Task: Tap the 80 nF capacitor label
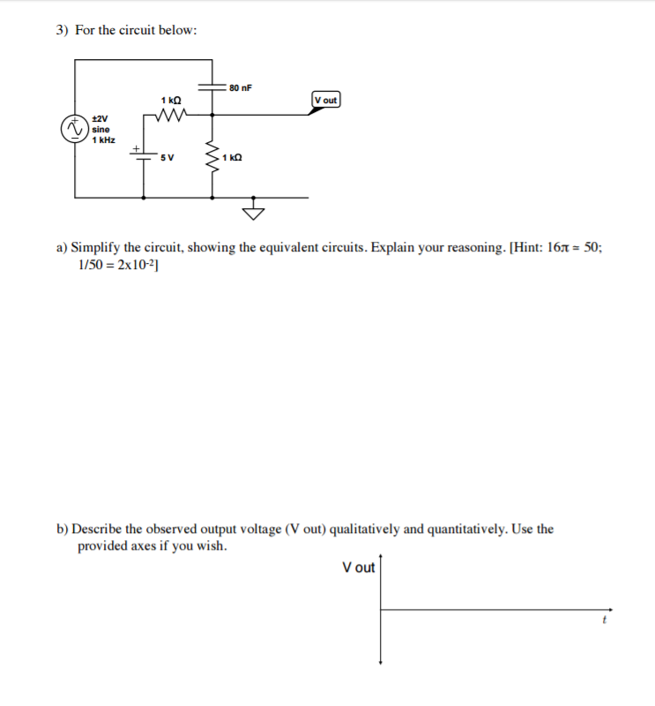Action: coord(240,87)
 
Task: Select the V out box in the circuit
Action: coord(325,100)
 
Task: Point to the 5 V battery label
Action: coord(167,158)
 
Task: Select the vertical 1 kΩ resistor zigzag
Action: coord(212,159)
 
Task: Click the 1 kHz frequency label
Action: coord(102,140)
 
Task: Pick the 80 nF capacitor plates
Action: coord(212,87)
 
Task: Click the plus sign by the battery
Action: coord(136,147)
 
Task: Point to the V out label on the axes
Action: coord(359,567)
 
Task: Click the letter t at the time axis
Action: coord(604,620)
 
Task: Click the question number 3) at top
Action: coord(63,30)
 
